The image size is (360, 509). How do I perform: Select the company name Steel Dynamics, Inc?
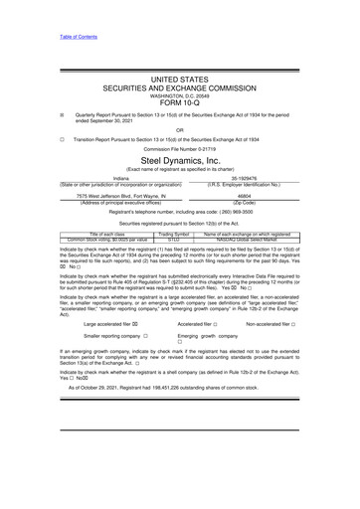[179, 160]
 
